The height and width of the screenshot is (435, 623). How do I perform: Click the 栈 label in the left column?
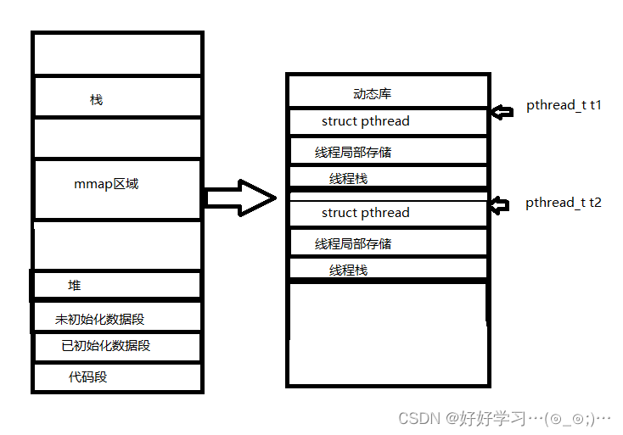[96, 99]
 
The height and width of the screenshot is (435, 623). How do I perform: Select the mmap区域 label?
[106, 183]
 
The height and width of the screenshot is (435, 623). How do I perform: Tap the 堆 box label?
[75, 285]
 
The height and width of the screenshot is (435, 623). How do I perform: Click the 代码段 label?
[88, 376]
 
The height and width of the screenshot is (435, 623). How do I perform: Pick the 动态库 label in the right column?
[373, 93]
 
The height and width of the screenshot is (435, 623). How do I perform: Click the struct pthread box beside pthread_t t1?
[366, 121]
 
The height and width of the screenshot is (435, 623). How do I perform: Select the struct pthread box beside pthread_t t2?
[366, 213]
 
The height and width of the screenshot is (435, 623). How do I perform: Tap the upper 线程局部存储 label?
[353, 153]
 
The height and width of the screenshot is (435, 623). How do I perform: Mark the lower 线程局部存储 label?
[353, 244]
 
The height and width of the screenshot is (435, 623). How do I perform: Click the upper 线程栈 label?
[349, 179]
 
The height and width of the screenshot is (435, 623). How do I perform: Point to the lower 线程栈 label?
[349, 270]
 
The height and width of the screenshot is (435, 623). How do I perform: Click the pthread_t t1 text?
[564, 106]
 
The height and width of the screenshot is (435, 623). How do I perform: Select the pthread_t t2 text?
[564, 203]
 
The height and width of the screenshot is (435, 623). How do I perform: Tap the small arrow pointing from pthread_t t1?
[503, 112]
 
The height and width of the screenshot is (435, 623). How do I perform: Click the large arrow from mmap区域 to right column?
[241, 198]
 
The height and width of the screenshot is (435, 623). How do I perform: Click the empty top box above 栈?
[117, 54]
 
